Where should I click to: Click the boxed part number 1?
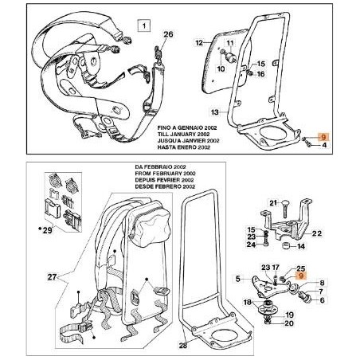point(144,25)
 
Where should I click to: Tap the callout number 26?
point(167,34)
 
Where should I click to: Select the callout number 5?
point(237,279)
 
